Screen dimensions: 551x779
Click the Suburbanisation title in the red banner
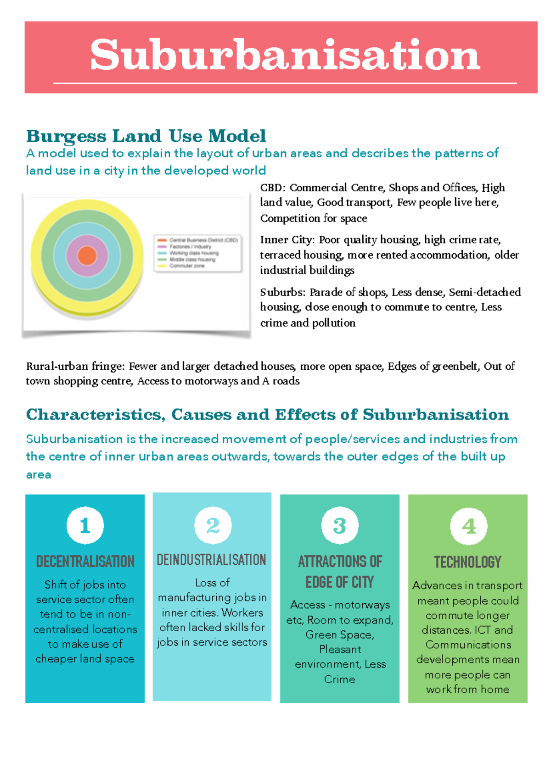coord(285,56)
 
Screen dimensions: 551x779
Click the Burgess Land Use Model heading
coord(146,136)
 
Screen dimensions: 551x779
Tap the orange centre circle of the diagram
coord(87,256)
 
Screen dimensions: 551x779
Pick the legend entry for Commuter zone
coord(187,266)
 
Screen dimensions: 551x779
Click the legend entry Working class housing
coord(194,253)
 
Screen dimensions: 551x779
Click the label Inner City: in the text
coord(287,239)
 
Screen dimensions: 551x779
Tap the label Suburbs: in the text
coord(282,292)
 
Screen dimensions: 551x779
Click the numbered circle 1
coord(85,525)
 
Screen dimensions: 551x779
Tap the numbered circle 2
coord(213,525)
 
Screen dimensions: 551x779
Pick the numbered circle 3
coord(340,526)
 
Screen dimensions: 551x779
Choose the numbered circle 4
coord(468,526)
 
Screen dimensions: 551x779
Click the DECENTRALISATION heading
coord(85,562)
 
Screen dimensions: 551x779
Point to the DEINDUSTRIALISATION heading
coord(212,560)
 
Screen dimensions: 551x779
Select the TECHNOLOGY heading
coord(467,562)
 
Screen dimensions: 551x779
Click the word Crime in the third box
coord(339,679)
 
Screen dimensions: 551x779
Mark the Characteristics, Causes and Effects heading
coord(267,415)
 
